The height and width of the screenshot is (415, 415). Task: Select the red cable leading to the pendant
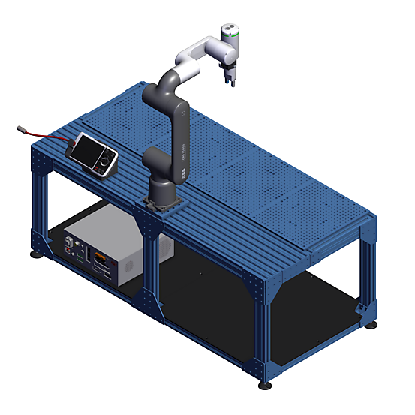click(x=53, y=140)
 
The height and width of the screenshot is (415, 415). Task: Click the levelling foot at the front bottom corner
click(x=265, y=386)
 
